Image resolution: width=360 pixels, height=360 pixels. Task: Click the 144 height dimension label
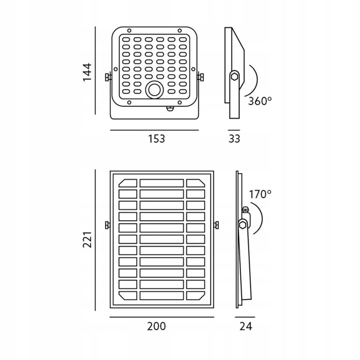[88, 72]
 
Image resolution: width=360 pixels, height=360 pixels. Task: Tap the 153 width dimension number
[156, 139]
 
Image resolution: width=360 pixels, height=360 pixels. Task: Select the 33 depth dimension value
[234, 139]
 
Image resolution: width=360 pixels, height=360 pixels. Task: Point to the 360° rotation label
[260, 101]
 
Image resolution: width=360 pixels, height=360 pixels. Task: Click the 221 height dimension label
[88, 240]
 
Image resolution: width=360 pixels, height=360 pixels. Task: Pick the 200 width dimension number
[156, 326]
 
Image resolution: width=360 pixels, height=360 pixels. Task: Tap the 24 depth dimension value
[246, 326]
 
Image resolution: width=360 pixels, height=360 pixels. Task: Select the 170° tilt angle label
[260, 194]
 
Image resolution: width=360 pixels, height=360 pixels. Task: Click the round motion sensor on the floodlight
[154, 90]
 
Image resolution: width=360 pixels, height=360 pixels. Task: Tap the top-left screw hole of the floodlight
[129, 31]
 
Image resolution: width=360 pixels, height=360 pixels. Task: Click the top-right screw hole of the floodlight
[180, 31]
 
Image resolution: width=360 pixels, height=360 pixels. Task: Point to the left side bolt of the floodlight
[108, 77]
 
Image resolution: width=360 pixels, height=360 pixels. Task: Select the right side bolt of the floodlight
[200, 77]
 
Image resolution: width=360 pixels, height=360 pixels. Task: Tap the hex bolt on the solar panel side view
[243, 225]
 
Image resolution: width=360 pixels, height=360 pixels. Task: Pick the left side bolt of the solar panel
[107, 225]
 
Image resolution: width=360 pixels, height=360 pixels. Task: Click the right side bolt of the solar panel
[216, 225]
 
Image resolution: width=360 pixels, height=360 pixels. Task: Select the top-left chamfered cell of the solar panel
[128, 183]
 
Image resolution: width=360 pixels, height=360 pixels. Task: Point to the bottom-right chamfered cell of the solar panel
[195, 296]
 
